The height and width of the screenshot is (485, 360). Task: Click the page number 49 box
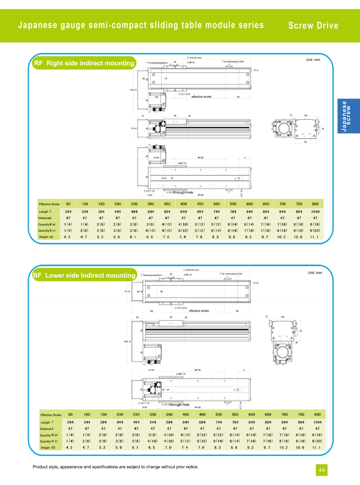tap(321, 470)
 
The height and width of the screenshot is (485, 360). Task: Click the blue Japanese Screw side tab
tap(348, 116)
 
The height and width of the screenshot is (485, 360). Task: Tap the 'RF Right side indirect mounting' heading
tap(84, 63)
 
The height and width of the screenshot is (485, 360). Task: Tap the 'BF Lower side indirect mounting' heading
tap(84, 275)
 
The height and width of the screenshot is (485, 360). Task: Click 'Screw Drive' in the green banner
tap(313, 26)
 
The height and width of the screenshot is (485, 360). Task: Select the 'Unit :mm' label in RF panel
tap(313, 60)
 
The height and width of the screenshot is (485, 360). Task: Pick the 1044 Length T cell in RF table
tap(315, 212)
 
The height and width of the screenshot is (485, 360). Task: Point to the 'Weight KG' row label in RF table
tap(46, 237)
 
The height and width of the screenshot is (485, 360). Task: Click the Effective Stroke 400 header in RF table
tap(183, 204)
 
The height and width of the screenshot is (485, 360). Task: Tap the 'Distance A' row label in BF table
tap(47, 429)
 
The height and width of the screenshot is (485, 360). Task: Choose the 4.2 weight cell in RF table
tap(67, 237)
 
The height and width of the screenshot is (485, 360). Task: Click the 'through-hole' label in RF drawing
tap(183, 192)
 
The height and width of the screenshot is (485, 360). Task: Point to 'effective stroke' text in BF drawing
tap(199, 311)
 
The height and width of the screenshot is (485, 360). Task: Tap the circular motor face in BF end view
tap(283, 352)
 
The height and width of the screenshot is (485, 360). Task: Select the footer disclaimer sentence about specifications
tap(116, 467)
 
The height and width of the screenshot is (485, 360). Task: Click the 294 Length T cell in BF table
tap(70, 422)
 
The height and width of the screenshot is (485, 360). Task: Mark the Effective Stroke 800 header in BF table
tap(317, 414)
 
